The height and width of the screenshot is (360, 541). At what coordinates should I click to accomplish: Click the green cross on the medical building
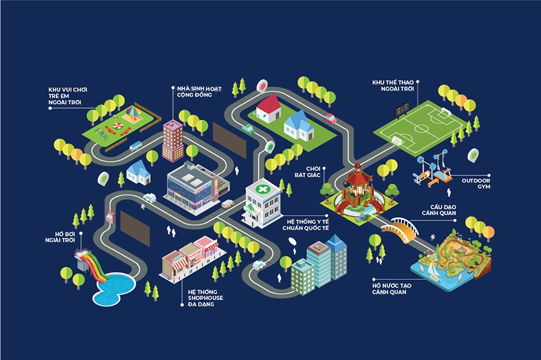tap(262, 190)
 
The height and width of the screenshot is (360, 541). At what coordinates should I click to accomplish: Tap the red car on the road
tap(330, 118)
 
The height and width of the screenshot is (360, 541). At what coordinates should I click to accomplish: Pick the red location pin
tap(262, 86)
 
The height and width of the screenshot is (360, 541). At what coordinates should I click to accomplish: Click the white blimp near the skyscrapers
tap(292, 241)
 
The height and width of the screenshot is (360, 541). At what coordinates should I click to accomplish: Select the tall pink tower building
tap(172, 140)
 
